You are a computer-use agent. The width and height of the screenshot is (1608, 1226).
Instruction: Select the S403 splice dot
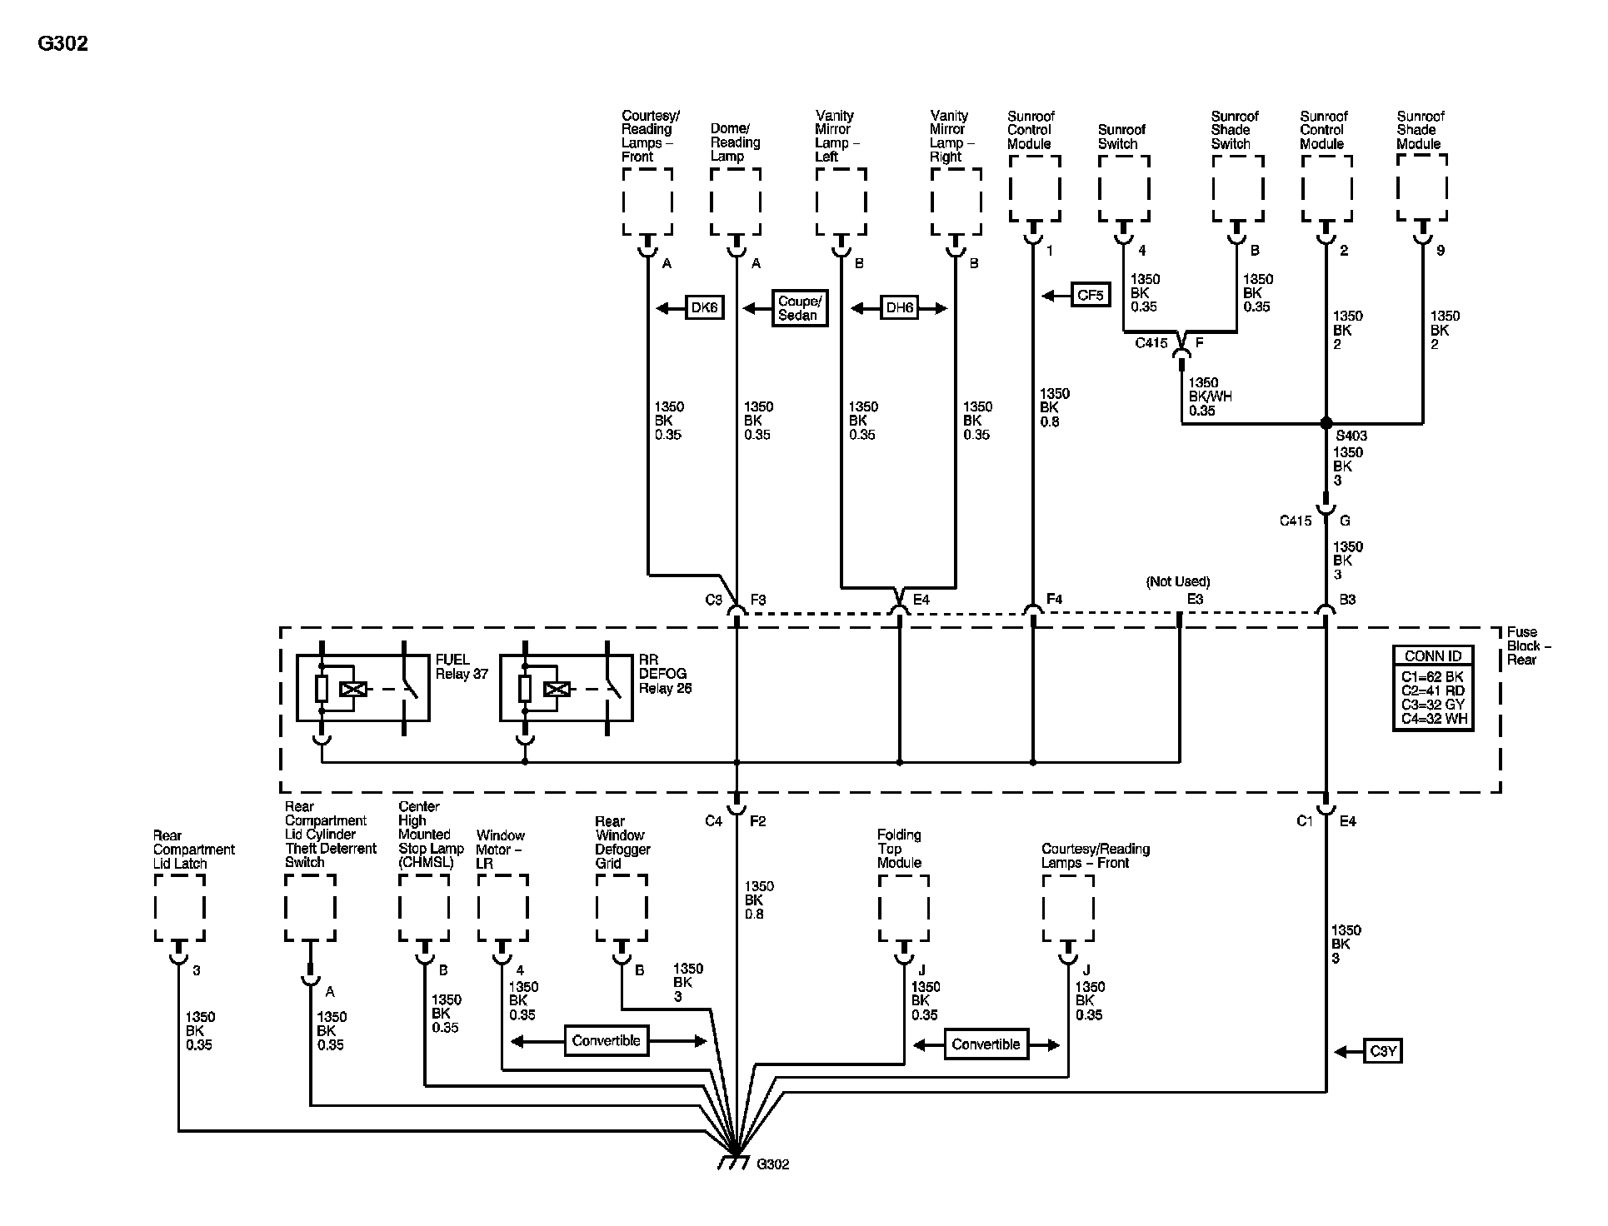[x=1326, y=423]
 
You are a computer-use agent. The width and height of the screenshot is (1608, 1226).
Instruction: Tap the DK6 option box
[x=704, y=308]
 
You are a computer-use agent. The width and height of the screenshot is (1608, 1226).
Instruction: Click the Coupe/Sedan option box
[x=800, y=308]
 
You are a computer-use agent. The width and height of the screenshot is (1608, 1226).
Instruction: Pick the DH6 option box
[x=900, y=308]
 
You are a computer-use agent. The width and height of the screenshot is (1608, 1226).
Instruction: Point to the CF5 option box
[x=1090, y=295]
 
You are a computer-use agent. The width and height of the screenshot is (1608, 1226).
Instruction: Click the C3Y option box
[x=1383, y=1051]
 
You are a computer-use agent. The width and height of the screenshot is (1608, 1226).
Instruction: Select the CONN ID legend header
[x=1433, y=656]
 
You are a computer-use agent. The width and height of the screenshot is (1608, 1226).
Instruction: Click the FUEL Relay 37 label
[x=462, y=667]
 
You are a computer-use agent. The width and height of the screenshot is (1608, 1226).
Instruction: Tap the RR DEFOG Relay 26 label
[x=665, y=674]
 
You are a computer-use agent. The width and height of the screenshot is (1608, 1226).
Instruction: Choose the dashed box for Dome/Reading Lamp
[x=736, y=202]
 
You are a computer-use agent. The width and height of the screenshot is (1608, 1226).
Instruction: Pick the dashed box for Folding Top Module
[x=904, y=908]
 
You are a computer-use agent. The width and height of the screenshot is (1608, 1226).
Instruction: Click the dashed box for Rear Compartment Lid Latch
[x=179, y=908]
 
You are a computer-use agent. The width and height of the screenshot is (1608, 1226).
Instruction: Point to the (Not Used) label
[x=1178, y=581]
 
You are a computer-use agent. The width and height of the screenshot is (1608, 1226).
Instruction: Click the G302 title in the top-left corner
[x=63, y=43]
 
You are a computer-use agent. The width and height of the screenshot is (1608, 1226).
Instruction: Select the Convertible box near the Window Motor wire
[x=607, y=1041]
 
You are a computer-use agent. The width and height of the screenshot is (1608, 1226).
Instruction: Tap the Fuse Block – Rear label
[x=1528, y=645]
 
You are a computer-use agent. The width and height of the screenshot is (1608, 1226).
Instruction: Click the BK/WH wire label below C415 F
[x=1211, y=396]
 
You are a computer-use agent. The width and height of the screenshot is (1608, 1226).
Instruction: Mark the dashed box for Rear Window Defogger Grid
[x=622, y=908]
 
